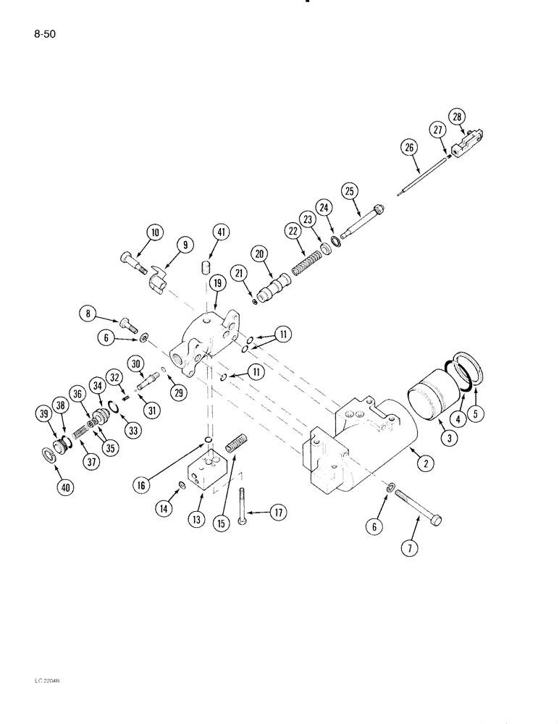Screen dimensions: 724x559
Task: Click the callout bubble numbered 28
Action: tap(458, 117)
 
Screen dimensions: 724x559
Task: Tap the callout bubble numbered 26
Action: tap(410, 148)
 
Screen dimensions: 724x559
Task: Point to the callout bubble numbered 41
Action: tap(220, 232)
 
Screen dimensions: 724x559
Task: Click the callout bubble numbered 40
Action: tap(66, 488)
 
